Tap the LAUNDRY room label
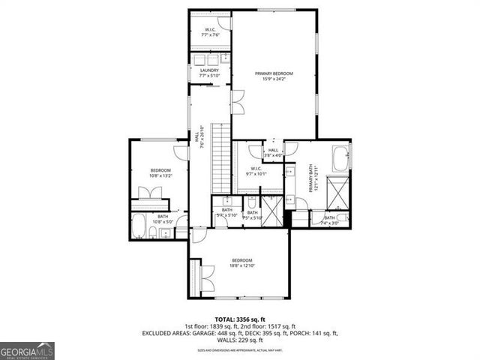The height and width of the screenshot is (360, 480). pyautogui.click(x=209, y=73)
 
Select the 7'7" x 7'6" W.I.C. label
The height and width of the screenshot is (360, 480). pyautogui.click(x=209, y=31)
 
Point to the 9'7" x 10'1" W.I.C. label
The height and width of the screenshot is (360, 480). pyautogui.click(x=255, y=171)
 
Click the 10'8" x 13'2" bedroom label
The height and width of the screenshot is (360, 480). pyautogui.click(x=161, y=173)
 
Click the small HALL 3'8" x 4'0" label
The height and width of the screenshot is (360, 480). pyautogui.click(x=273, y=152)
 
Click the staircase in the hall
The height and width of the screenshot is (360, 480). pyautogui.click(x=220, y=158)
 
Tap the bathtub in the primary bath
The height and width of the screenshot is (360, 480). pyautogui.click(x=339, y=160)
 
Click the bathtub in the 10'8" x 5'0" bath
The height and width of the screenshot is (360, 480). pyautogui.click(x=139, y=226)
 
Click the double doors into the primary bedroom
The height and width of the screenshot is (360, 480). pyautogui.click(x=238, y=101)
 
